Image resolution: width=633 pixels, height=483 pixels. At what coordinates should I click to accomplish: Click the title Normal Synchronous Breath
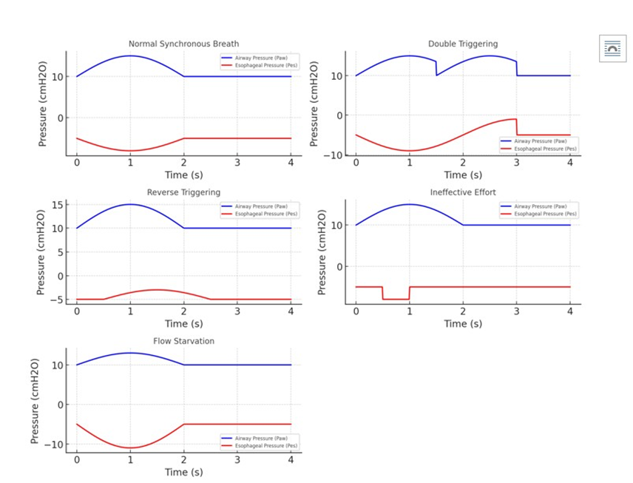coord(183,44)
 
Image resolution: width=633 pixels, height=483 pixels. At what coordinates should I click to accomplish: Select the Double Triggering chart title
coord(463,44)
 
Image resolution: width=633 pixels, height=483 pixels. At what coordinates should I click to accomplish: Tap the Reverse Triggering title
coord(183,192)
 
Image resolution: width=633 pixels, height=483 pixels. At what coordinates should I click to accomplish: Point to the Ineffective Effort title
coord(463,192)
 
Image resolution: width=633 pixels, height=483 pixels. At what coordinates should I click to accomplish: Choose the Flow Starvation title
coord(183,341)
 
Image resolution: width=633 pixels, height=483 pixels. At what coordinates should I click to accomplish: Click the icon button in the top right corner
coord(612,49)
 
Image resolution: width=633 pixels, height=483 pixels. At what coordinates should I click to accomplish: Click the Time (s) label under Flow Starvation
coord(183,472)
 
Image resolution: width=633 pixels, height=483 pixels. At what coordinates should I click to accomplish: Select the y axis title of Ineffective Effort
coord(322,251)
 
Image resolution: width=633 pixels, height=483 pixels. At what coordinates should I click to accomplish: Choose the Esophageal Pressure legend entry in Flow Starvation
coord(264,446)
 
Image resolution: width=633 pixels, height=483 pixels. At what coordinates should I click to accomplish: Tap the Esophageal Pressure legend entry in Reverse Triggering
coord(264,214)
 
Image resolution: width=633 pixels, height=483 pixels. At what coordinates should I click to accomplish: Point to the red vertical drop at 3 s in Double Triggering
coord(516,127)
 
